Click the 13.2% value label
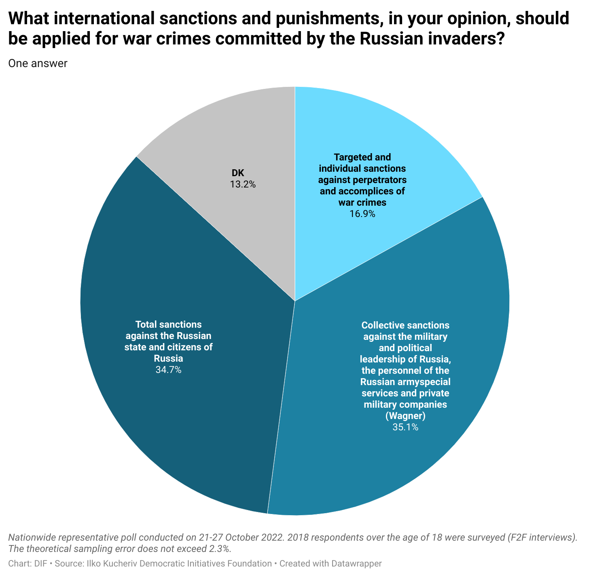pos(243,185)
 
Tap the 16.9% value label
pos(362,214)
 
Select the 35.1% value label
pos(405,427)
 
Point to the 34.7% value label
pos(168,370)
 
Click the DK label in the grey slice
pos(238,173)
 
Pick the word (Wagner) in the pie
pos(405,416)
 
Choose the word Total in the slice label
pos(146,324)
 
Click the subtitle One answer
pos(38,63)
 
